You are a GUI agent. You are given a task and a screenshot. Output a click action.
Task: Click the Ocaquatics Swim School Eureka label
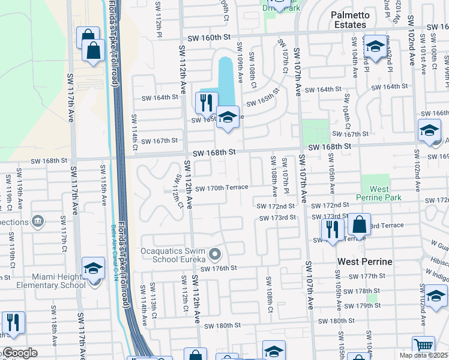(x=173, y=255)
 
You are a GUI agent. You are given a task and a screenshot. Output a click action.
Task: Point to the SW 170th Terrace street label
(x=221, y=188)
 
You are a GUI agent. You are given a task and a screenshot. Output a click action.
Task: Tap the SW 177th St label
(x=369, y=276)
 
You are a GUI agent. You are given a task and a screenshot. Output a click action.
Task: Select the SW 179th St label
(x=369, y=305)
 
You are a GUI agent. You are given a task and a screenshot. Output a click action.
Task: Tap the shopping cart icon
(x=423, y=346)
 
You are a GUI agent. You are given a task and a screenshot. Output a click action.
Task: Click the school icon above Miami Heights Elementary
(x=93, y=268)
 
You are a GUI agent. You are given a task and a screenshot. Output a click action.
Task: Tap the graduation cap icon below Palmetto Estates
(x=375, y=46)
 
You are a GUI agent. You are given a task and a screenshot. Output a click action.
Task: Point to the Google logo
(x=19, y=353)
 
